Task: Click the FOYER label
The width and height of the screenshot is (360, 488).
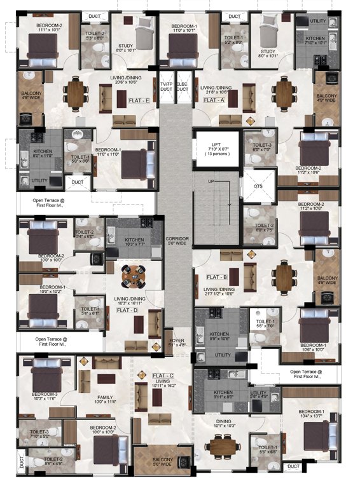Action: click(176, 344)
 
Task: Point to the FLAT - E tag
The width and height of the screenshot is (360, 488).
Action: click(139, 100)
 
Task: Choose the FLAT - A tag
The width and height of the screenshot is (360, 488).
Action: click(215, 100)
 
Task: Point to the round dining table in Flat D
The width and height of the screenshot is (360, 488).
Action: click(134, 274)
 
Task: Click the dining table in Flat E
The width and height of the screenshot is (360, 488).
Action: click(77, 93)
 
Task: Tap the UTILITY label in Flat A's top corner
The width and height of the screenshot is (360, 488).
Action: click(317, 22)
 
